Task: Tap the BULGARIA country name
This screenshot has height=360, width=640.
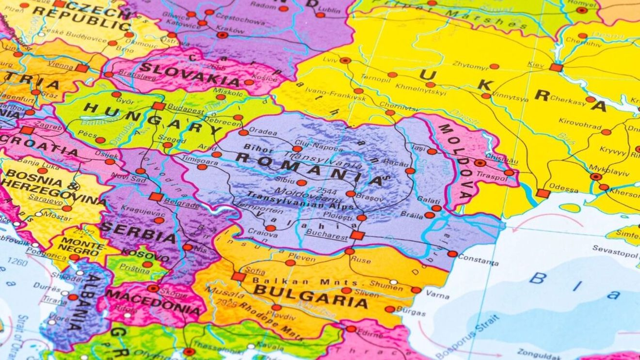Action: (x=310, y=296)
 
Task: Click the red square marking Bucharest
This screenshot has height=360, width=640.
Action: (x=357, y=235)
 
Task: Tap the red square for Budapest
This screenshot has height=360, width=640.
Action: (x=158, y=106)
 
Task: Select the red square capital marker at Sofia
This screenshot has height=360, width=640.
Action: (x=238, y=276)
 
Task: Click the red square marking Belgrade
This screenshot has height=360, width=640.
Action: (x=156, y=197)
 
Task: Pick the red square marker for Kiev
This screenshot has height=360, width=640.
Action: (x=556, y=67)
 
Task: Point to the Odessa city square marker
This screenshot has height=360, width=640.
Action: (x=543, y=193)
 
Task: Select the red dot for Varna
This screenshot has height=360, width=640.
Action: (x=416, y=290)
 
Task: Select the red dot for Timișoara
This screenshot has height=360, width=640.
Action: (x=202, y=167)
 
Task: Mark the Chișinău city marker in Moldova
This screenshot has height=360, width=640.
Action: (x=480, y=163)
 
